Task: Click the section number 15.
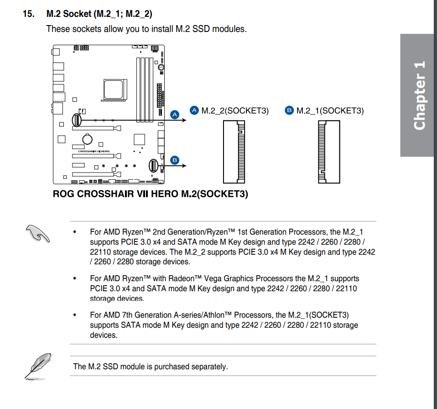[x=29, y=14]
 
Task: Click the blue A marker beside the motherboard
[x=175, y=115]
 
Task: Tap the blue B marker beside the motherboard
[x=175, y=160]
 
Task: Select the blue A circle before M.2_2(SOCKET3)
[x=194, y=110]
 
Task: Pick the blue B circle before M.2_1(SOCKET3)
[x=289, y=110]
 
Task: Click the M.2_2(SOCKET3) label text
[x=235, y=110]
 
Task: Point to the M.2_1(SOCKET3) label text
[x=330, y=110]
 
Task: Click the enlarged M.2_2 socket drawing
[x=234, y=152]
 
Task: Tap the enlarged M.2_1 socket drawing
[x=329, y=152]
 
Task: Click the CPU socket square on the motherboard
[x=114, y=89]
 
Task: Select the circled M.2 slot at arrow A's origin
[x=77, y=120]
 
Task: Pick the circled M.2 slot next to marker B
[x=153, y=166]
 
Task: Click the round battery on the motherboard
[x=87, y=139]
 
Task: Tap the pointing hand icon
[x=37, y=234]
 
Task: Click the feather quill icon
[x=38, y=367]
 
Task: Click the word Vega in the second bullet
[x=213, y=279]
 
